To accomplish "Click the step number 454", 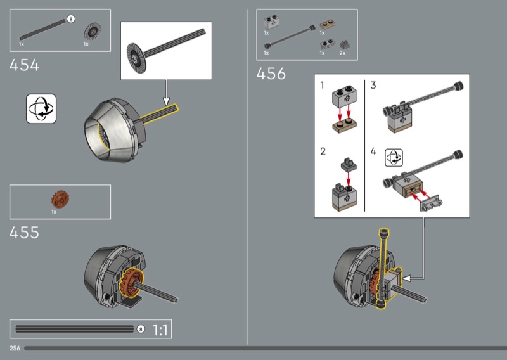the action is (x=24, y=65).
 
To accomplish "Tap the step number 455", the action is (x=24, y=232).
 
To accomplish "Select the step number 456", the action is (x=271, y=74).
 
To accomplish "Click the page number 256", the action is (x=15, y=348).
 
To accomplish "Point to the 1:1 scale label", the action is (x=160, y=330).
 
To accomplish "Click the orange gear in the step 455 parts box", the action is (x=60, y=199).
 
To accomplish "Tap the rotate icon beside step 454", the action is (x=41, y=108).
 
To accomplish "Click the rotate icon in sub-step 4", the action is (x=394, y=158).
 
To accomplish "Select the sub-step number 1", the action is (x=322, y=85).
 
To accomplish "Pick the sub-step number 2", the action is (x=323, y=151).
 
